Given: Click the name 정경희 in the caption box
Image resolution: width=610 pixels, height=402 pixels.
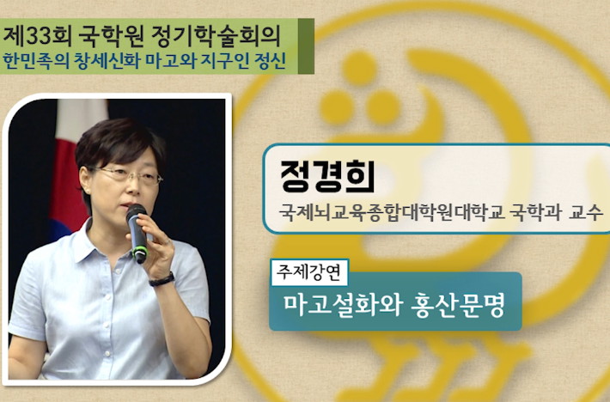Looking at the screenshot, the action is pos(327,176).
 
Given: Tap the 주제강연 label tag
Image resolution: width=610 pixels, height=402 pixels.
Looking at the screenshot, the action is pos(309,272).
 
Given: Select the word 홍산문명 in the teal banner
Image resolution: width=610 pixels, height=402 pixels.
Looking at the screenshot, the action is pos(458,306).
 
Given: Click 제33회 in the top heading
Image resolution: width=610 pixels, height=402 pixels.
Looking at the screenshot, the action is pos(37,36).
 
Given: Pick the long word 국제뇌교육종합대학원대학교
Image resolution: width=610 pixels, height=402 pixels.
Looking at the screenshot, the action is pos(392,213).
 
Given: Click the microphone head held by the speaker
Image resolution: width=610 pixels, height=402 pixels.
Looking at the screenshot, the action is pos(136,212).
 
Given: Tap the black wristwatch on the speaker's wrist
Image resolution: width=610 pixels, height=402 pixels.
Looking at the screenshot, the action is pos(162,279).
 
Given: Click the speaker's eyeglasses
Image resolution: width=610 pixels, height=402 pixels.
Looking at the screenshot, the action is pos(126,175).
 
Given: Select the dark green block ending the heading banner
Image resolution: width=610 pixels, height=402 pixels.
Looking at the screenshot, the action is pos(306,46).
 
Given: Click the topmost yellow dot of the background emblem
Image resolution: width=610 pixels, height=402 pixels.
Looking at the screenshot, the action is pos(359,68).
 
